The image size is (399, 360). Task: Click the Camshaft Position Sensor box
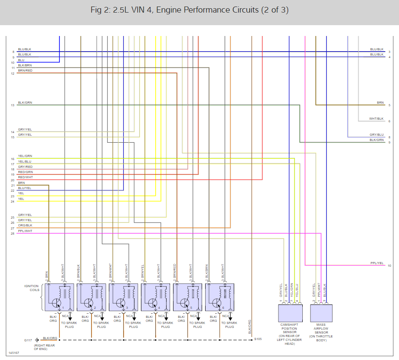click(289, 312)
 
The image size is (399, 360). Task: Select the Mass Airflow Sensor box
click(321, 312)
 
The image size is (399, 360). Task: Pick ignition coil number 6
click(219, 297)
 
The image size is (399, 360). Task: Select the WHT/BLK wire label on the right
click(376, 118)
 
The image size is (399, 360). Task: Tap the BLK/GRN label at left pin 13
click(25, 103)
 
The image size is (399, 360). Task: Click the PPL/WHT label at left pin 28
click(25, 231)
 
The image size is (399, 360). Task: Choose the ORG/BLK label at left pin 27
click(25, 226)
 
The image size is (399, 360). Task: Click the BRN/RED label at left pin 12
click(25, 70)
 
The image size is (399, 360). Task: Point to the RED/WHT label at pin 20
click(25, 177)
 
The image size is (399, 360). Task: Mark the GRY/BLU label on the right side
click(376, 134)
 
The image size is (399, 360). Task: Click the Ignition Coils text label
click(31, 288)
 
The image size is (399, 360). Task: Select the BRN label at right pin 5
click(380, 103)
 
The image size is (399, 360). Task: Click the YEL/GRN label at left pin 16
click(25, 156)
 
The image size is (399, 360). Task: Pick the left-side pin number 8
click(13, 52)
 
